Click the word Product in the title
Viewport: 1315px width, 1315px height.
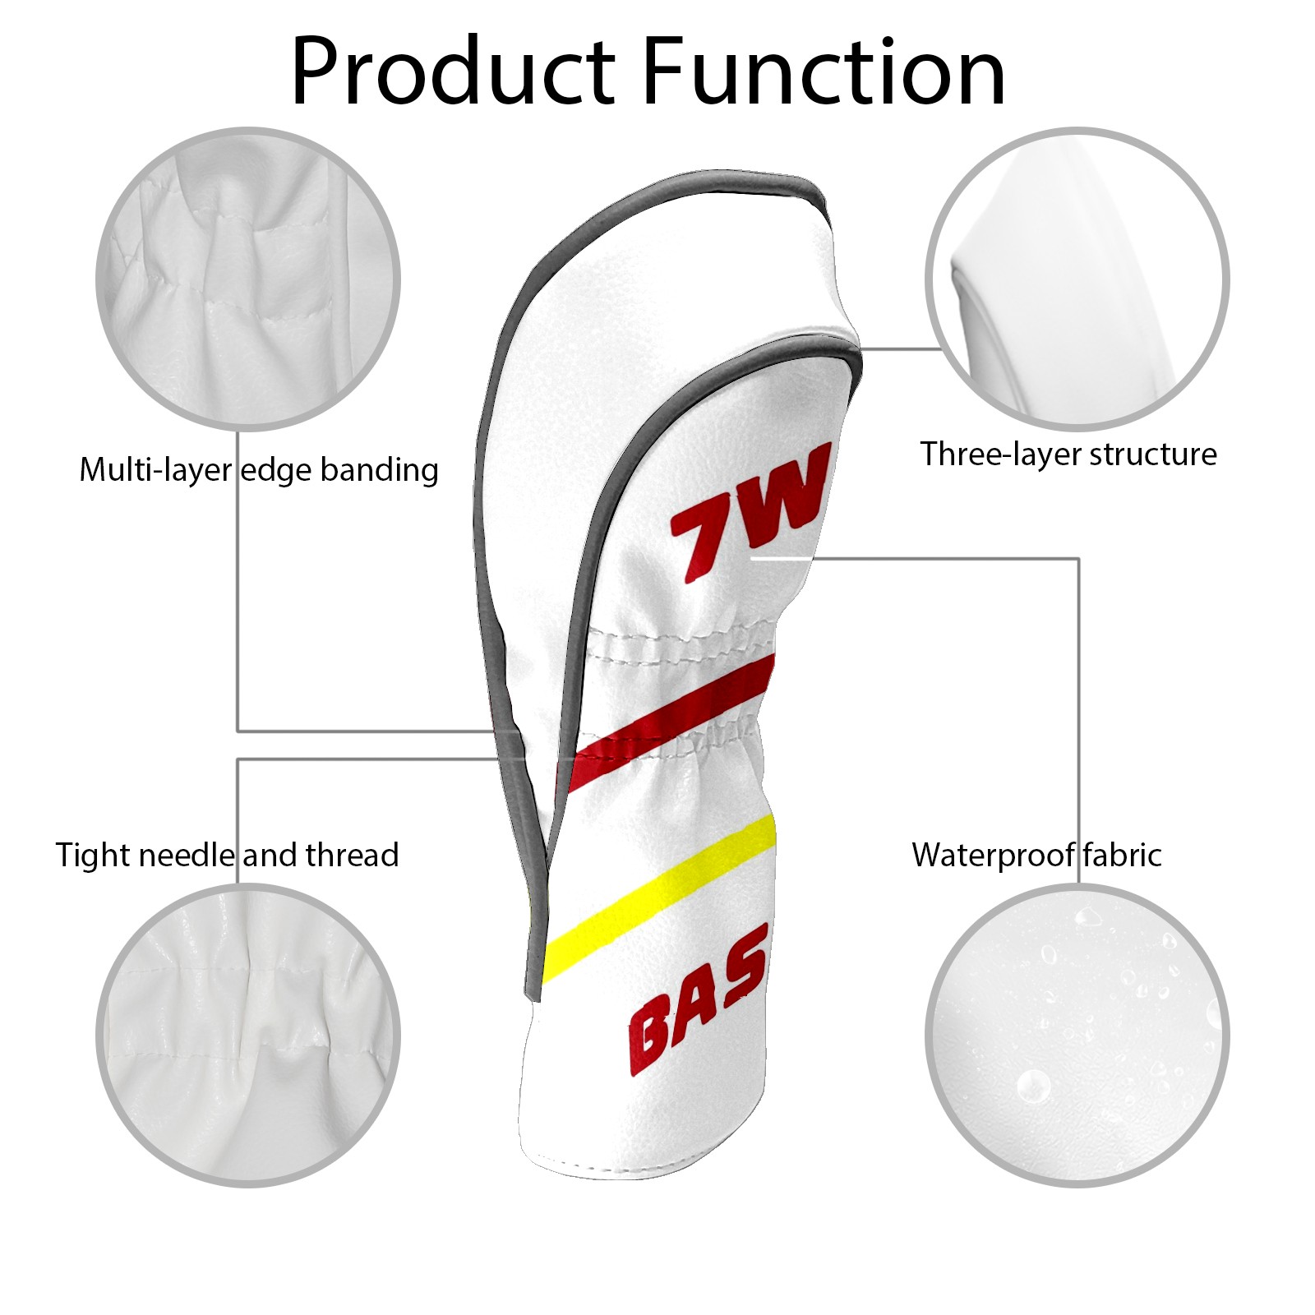pyautogui.click(x=453, y=72)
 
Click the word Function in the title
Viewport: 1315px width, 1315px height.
pyautogui.click(x=823, y=72)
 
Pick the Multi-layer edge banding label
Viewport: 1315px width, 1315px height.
pyautogui.click(x=258, y=470)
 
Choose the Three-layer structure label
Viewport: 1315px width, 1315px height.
pyautogui.click(x=1068, y=454)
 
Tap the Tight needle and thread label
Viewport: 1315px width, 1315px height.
pyautogui.click(x=227, y=855)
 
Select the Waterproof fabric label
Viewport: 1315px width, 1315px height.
pyautogui.click(x=1036, y=855)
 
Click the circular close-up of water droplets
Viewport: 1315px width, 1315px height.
pyautogui.click(x=1077, y=1036)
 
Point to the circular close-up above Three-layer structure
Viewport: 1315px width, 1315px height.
pyautogui.click(x=1077, y=279)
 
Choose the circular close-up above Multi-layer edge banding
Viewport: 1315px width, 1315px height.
pyautogui.click(x=248, y=279)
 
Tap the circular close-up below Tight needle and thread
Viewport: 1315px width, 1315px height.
pyautogui.click(x=248, y=1036)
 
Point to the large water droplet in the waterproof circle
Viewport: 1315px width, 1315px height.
pyautogui.click(x=1032, y=1086)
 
